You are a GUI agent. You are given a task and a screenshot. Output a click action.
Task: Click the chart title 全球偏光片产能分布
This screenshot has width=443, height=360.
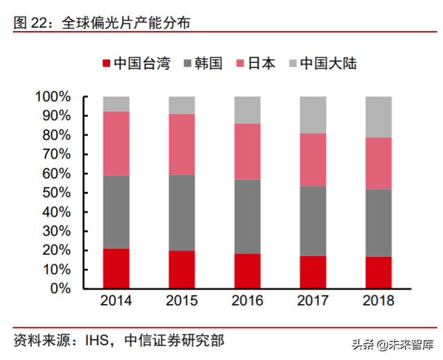pos(125,23)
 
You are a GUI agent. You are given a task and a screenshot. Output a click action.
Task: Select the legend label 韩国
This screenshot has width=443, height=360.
pos(207,64)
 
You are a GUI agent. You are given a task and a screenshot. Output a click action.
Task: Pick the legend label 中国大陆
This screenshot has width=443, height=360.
pos(328,64)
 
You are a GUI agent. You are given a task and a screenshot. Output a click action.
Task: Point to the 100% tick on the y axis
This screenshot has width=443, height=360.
pos(53,97)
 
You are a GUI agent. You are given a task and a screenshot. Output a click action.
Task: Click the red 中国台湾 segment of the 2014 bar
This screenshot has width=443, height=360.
pos(116,268)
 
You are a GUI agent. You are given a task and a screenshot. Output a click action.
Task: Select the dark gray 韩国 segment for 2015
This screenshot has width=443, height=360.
pos(181,213)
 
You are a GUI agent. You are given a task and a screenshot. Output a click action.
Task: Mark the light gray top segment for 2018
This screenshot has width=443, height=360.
pos(378,117)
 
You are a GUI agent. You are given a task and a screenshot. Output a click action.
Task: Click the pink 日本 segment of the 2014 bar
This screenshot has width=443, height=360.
pos(116,143)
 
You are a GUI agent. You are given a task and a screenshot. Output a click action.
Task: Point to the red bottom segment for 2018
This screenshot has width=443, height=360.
pos(378,272)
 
